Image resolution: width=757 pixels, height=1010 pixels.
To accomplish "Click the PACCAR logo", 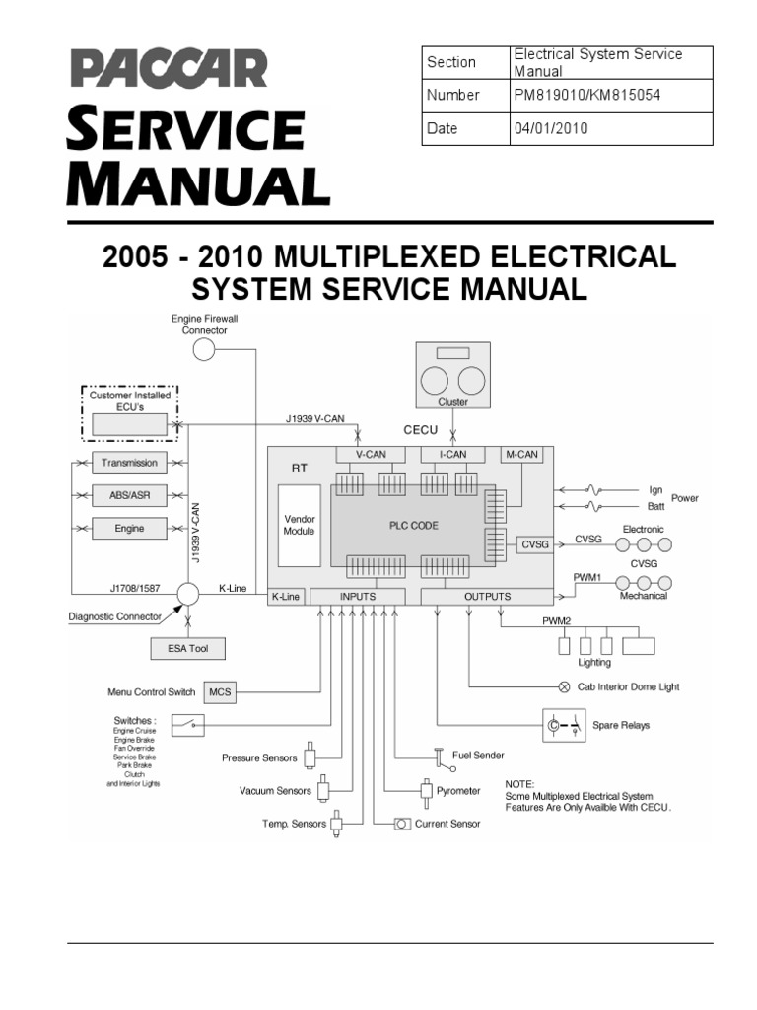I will click(167, 69).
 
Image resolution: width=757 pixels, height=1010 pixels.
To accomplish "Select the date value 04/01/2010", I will click(551, 128).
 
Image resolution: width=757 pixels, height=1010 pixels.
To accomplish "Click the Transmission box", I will click(129, 463).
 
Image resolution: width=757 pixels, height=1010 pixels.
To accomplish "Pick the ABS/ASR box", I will click(129, 495).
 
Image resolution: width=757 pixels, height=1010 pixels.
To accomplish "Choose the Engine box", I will click(129, 529).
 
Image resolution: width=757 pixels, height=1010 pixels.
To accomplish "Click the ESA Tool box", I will click(187, 648).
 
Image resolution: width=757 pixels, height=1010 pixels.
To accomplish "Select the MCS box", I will click(219, 692).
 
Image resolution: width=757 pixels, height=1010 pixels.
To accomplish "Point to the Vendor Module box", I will click(299, 525).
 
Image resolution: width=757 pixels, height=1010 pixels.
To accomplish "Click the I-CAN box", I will click(452, 454).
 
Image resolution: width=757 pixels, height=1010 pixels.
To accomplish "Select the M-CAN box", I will click(521, 454).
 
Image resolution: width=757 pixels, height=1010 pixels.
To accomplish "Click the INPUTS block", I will click(357, 596).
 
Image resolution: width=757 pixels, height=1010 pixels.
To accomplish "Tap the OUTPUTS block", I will click(487, 596).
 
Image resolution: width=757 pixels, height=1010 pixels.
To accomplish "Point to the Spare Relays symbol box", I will click(558, 725).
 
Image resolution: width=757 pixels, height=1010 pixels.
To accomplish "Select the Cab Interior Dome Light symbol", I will click(564, 686).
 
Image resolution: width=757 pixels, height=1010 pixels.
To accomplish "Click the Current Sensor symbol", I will click(402, 824).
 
